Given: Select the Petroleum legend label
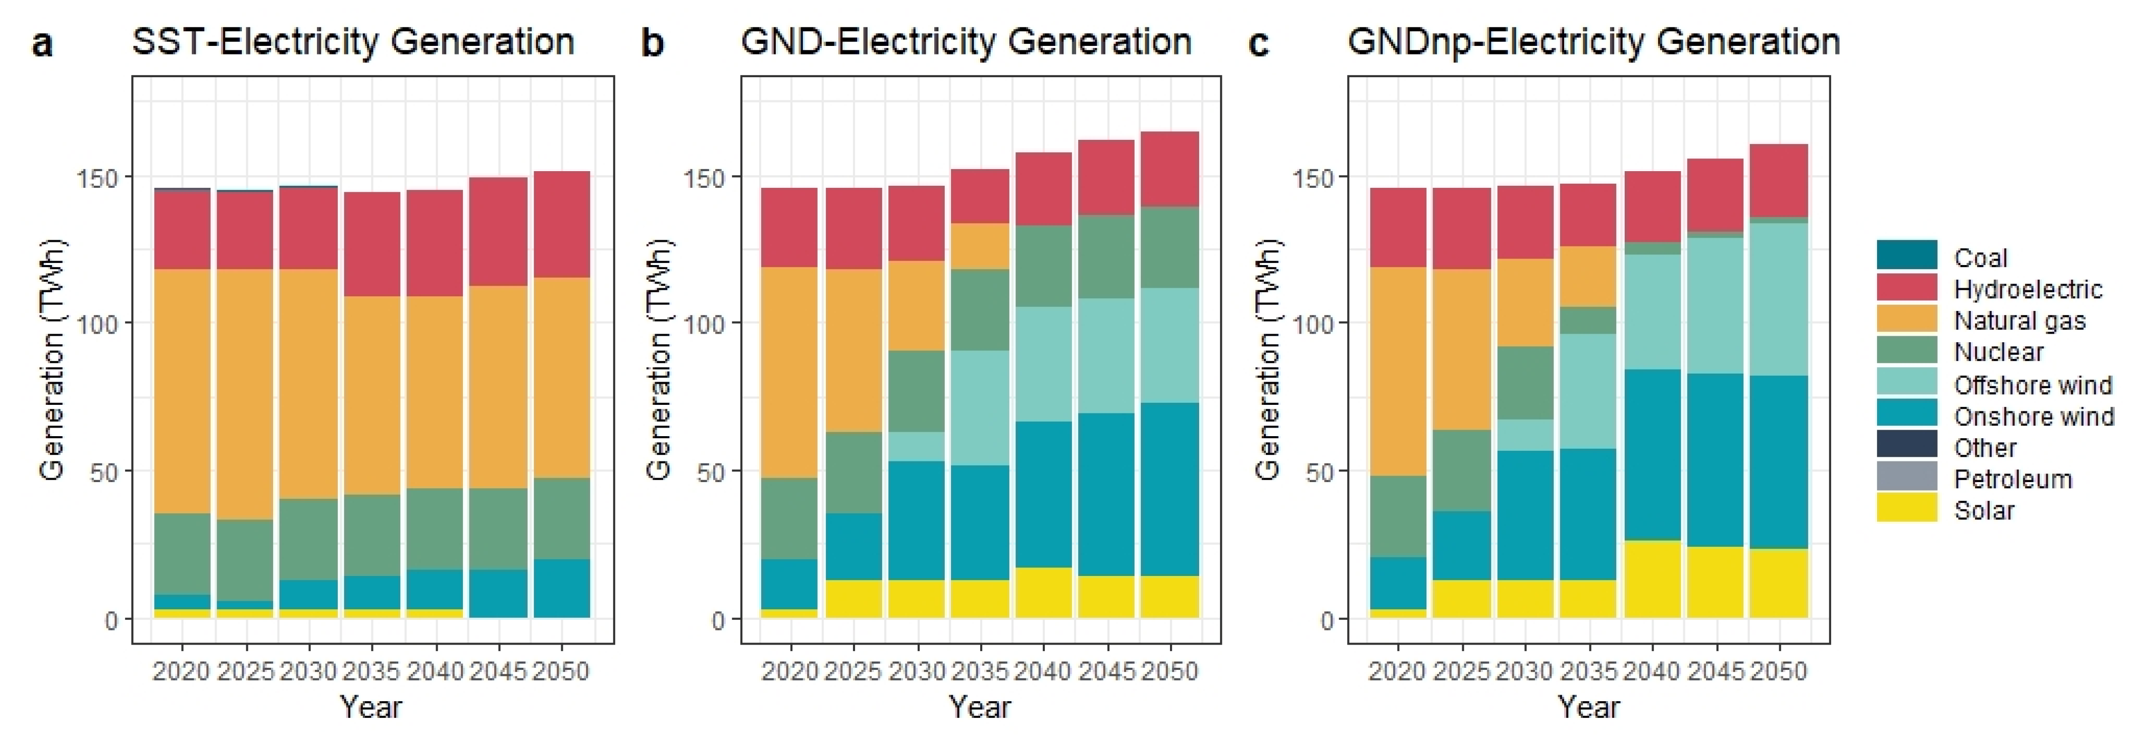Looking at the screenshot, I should coord(2013,479).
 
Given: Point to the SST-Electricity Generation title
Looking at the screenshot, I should coord(353,41).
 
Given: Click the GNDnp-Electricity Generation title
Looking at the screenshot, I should coord(1593,41).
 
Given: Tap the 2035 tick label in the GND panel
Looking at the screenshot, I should coord(980,670).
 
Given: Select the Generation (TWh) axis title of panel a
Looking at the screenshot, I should coord(51,360).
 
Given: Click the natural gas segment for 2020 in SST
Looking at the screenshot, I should coord(182,391).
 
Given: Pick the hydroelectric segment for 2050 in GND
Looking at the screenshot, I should coord(1169,169).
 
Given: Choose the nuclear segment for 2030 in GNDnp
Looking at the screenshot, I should coord(1524,383).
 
